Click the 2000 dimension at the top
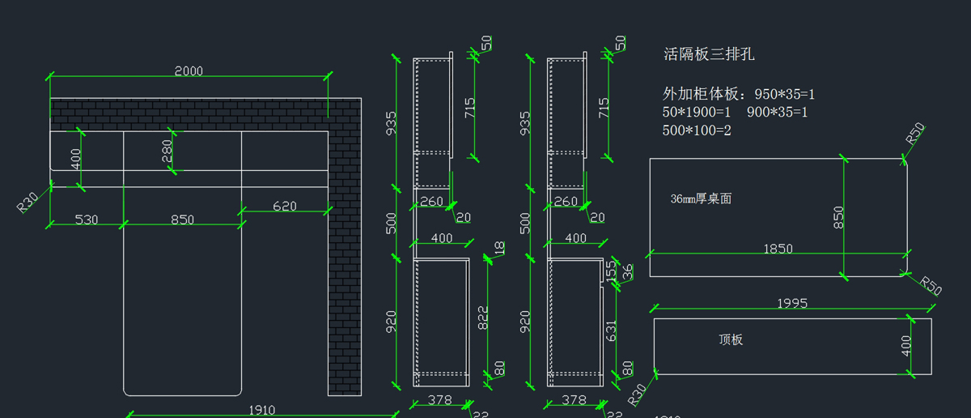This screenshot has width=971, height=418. coord(189,71)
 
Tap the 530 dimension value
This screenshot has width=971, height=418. coord(87,220)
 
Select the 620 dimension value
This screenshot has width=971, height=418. coord(284,207)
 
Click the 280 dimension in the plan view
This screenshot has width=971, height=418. coord(167,151)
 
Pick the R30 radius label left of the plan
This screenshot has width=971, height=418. coord(28,203)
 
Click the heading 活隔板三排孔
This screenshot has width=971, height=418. coord(709,54)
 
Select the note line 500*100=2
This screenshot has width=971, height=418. coord(697,130)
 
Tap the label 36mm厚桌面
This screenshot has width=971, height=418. coord(701,198)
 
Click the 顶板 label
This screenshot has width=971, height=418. coord(731,339)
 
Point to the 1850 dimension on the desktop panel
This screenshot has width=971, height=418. coord(778,250)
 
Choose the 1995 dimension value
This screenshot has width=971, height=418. coord(792,304)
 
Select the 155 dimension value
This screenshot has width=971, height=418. coord(613,271)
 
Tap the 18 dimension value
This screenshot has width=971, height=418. coord(499,249)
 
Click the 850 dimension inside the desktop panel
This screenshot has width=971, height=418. coord(838,217)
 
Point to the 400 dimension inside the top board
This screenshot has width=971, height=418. coord(906,346)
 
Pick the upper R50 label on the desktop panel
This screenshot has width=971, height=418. coord(914,134)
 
